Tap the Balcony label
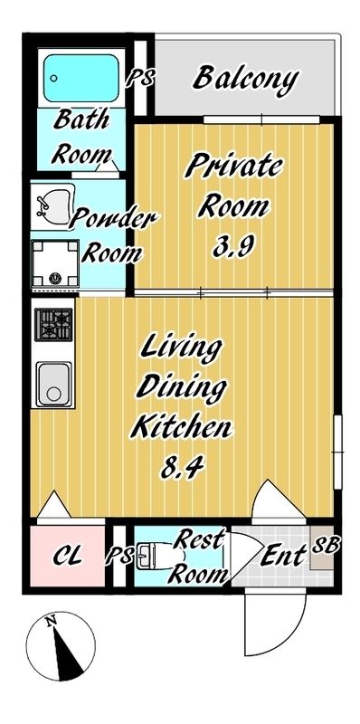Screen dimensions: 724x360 point(245,80)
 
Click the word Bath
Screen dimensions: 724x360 point(82,118)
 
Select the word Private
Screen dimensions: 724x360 point(233,167)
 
